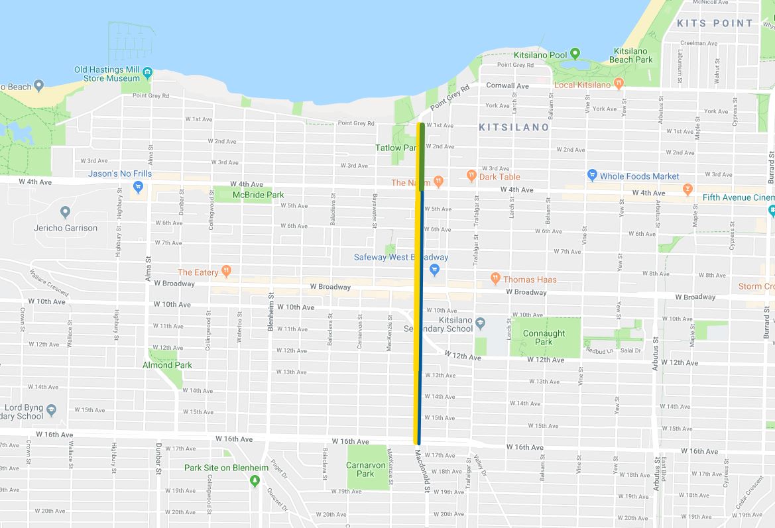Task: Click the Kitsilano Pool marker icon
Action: pyautogui.click(x=575, y=54)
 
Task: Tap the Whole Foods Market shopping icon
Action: pyautogui.click(x=592, y=176)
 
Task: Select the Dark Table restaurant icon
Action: pyautogui.click(x=471, y=176)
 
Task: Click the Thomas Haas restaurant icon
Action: pyautogui.click(x=495, y=279)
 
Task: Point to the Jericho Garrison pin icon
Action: pyautogui.click(x=65, y=213)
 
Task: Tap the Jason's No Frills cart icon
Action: pyautogui.click(x=138, y=187)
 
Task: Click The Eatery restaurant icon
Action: pyautogui.click(x=226, y=272)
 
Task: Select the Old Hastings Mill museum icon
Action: pyautogui.click(x=147, y=72)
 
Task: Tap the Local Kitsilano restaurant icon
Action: pyautogui.click(x=619, y=84)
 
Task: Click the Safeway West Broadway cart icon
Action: pyautogui.click(x=434, y=270)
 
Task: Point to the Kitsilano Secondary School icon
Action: pyautogui.click(x=481, y=323)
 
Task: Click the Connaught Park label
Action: pyautogui.click(x=544, y=337)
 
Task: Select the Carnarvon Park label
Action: pyautogui.click(x=365, y=469)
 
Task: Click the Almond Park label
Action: pyautogui.click(x=167, y=365)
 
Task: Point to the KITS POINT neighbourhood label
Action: pyautogui.click(x=715, y=23)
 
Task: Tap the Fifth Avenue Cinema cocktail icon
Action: pyautogui.click(x=687, y=189)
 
